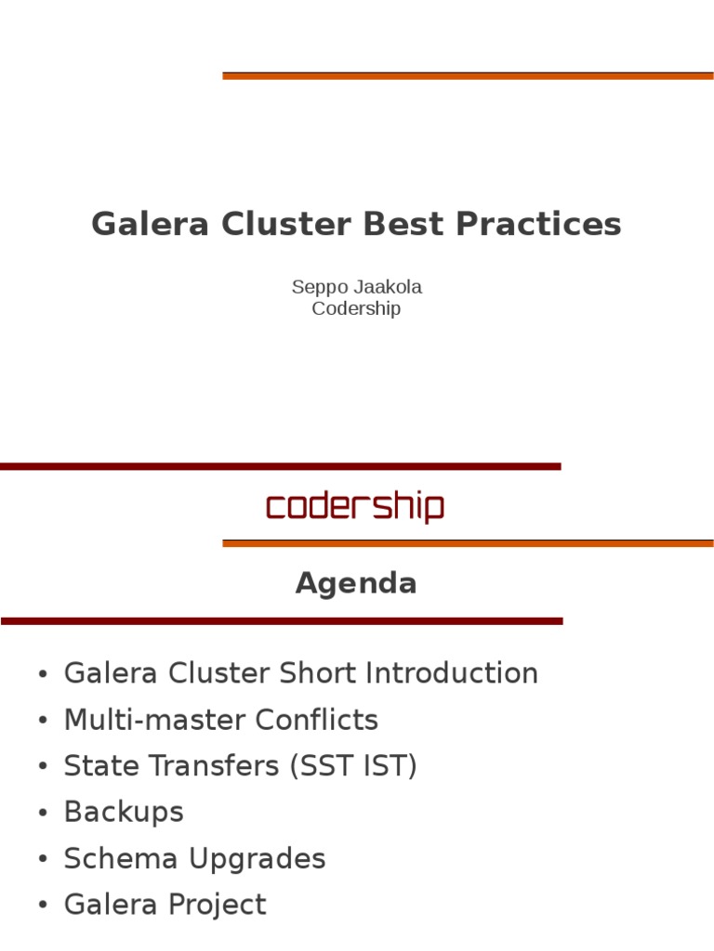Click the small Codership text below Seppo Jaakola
pyautogui.click(x=356, y=308)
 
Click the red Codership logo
pyautogui.click(x=355, y=507)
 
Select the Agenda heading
pyautogui.click(x=356, y=583)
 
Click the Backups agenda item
pyautogui.click(x=124, y=813)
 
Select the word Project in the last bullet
pyautogui.click(x=215, y=905)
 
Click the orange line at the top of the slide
pyautogui.click(x=468, y=76)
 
